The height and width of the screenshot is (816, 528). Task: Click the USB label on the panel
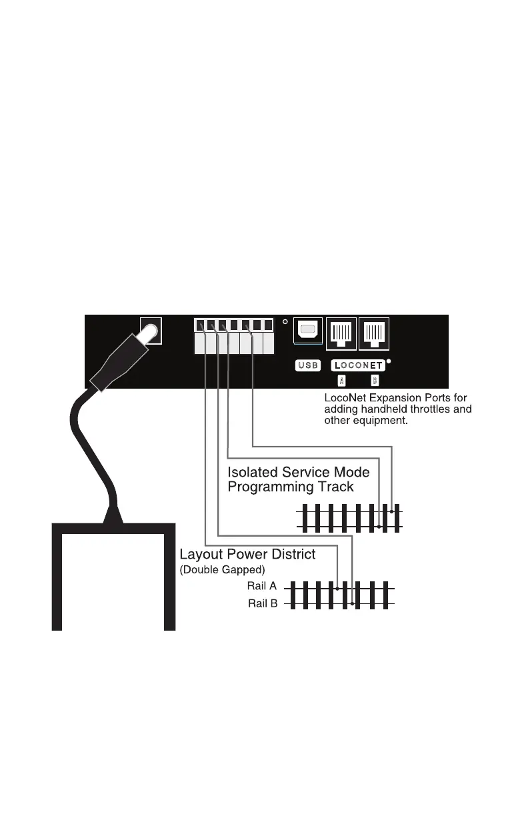pos(307,365)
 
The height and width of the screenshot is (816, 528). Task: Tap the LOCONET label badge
pos(358,365)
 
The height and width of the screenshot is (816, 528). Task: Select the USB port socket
pos(307,331)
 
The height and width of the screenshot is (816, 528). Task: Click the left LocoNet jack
pos(341,331)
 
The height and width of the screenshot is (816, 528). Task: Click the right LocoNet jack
pos(374,331)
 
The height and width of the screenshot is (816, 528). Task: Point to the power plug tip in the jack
pos(150,331)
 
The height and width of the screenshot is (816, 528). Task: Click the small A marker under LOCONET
pos(341,381)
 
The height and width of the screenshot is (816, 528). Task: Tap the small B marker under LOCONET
pos(374,381)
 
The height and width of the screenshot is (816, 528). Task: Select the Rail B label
pos(263,604)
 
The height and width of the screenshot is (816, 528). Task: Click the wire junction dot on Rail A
pos(338,589)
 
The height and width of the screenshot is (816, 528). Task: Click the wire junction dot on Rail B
pos(352,604)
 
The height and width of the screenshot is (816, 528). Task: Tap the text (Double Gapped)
pos(223,569)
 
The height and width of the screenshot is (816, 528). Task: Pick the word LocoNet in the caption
pos(347,397)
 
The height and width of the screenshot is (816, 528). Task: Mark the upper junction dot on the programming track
pos(391,511)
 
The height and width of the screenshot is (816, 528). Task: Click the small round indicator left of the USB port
pos(285,322)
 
